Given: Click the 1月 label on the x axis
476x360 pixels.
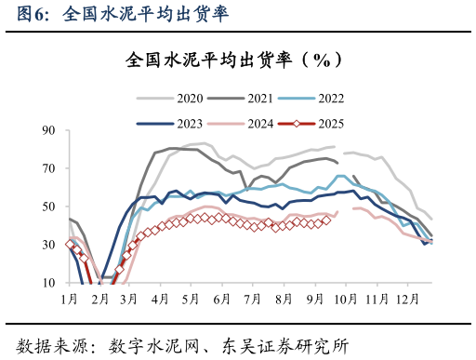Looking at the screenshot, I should coord(69,299).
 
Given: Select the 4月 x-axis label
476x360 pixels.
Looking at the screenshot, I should coord(159,299).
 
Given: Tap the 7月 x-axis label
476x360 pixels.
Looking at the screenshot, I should coord(251,299).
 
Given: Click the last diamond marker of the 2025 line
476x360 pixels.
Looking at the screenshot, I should coord(325,220).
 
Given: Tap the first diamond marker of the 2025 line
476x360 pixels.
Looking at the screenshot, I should coord(69,244).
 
